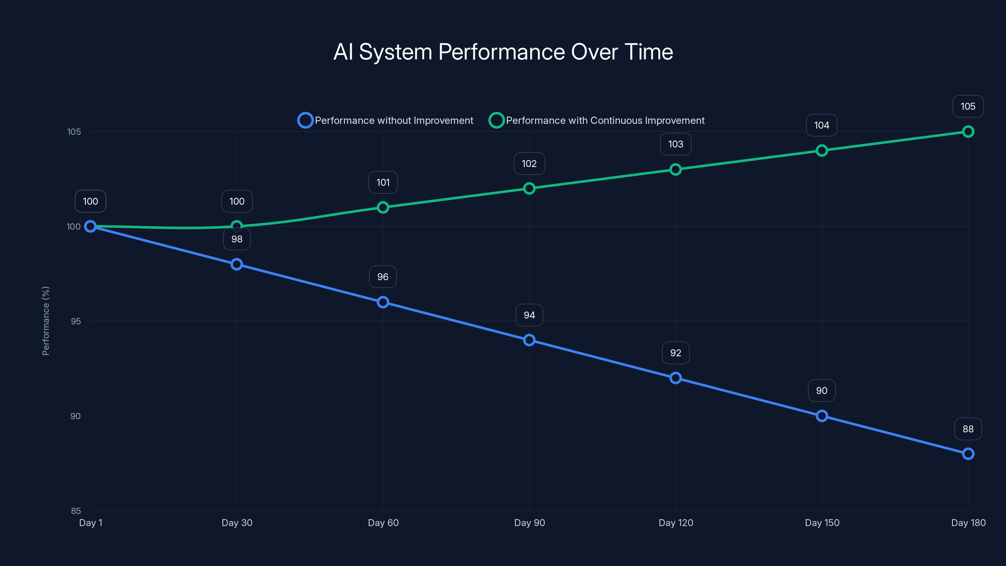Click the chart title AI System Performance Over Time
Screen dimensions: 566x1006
pos(503,52)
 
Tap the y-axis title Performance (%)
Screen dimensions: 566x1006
pos(46,321)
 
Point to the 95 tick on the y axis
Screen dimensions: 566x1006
pos(75,321)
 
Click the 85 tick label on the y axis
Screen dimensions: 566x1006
pos(75,511)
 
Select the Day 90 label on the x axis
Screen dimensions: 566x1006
pos(529,523)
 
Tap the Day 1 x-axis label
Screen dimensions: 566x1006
pos(91,523)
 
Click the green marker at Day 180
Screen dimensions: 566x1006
pos(968,132)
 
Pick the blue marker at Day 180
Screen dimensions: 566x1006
pos(968,454)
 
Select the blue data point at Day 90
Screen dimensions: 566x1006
pos(529,340)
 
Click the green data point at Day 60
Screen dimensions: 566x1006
pos(383,208)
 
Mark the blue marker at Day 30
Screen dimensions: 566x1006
pos(237,264)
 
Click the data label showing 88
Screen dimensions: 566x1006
pos(968,429)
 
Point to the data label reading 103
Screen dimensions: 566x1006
pos(676,144)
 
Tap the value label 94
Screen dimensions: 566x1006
pos(529,315)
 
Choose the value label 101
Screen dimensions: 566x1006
pos(383,182)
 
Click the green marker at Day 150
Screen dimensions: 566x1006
pos(822,150)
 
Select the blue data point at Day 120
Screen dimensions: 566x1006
pos(676,378)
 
